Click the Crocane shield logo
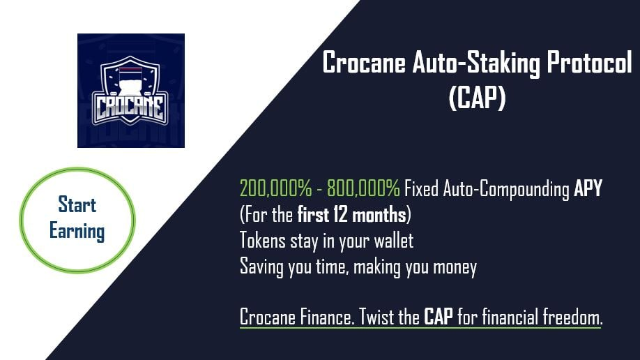click(x=130, y=90)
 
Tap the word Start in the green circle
click(x=77, y=204)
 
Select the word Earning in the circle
click(x=77, y=231)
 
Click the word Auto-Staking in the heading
click(x=476, y=64)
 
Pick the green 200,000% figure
click(x=275, y=188)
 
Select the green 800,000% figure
click(x=363, y=188)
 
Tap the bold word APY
click(x=588, y=188)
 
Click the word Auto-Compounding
click(x=506, y=189)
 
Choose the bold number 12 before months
click(x=340, y=214)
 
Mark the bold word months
click(x=379, y=214)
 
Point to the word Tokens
click(x=262, y=240)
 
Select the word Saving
click(x=261, y=267)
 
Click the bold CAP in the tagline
click(x=439, y=317)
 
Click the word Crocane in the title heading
click(x=364, y=63)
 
